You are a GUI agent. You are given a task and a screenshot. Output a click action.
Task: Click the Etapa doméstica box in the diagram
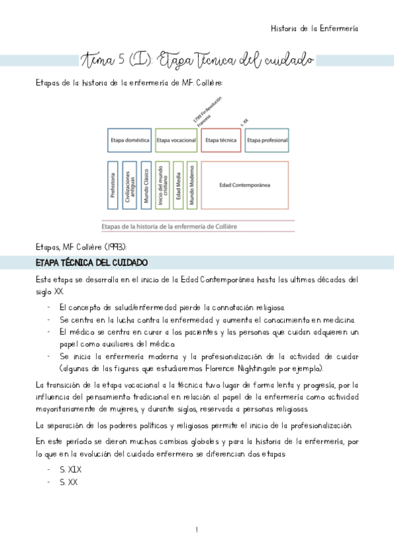(130, 140)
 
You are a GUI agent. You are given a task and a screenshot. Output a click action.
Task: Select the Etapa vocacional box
(176, 140)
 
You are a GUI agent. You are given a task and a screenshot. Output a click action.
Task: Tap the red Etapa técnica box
(220, 140)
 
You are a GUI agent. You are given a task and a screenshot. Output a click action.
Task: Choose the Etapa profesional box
(266, 140)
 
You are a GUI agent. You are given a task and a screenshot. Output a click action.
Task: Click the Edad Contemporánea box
(244, 185)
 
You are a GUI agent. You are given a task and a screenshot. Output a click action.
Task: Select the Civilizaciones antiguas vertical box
(130, 185)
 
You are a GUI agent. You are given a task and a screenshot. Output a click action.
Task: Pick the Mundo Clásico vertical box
(146, 185)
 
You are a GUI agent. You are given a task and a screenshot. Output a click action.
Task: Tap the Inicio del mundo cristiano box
(162, 185)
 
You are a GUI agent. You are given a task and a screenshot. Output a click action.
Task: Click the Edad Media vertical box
(177, 185)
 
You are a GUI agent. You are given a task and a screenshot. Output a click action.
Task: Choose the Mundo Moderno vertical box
(191, 185)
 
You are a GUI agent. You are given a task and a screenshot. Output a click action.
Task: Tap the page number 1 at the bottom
(197, 530)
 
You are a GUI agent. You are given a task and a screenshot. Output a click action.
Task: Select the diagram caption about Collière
(169, 226)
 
